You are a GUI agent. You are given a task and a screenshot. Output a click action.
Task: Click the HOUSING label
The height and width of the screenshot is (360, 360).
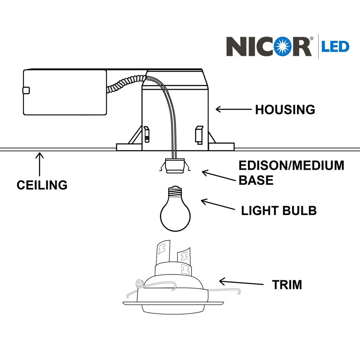285,109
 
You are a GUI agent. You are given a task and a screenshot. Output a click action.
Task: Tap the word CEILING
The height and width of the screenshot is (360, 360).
42,185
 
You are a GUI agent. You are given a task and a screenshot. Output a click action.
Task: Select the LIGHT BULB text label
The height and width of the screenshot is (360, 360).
279,211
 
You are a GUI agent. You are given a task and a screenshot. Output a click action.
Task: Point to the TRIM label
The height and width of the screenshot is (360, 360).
287,285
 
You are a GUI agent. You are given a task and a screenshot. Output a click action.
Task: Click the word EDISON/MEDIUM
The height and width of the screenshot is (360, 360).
292,166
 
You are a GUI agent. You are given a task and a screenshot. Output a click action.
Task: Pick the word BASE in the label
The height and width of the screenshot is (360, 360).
256,180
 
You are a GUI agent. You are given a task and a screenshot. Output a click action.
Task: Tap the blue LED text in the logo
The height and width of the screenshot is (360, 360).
335,47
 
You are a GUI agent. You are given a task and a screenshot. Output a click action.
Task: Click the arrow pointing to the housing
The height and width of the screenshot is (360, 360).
234,109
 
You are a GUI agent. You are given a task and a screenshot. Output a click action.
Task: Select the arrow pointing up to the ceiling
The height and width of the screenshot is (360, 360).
40,164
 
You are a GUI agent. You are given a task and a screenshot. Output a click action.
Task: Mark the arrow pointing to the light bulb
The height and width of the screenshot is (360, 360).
218,204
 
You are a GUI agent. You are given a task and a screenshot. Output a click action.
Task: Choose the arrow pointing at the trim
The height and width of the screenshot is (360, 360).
241,282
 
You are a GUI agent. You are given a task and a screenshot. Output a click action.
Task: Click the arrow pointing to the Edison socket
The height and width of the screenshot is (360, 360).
219,175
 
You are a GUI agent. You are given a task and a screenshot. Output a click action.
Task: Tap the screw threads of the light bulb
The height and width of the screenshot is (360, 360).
175,192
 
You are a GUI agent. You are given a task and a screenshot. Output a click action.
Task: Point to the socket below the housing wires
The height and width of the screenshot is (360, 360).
175,166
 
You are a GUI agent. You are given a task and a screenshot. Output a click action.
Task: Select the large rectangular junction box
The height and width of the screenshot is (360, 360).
65,92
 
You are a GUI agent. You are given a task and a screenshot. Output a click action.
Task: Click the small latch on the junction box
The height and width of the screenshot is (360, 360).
26,90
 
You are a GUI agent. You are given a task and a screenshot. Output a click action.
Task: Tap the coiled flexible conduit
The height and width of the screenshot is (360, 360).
126,84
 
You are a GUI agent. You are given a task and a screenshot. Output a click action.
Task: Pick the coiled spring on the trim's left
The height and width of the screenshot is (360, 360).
139,284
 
